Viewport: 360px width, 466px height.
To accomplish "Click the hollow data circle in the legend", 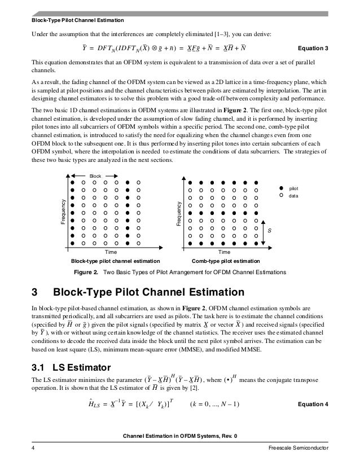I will (281, 195).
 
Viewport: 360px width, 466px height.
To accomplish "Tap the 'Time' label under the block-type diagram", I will (112, 252).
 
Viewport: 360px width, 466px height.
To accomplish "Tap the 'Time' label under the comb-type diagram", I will (225, 252).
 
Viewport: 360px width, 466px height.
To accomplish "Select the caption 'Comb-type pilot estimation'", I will (226, 262).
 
